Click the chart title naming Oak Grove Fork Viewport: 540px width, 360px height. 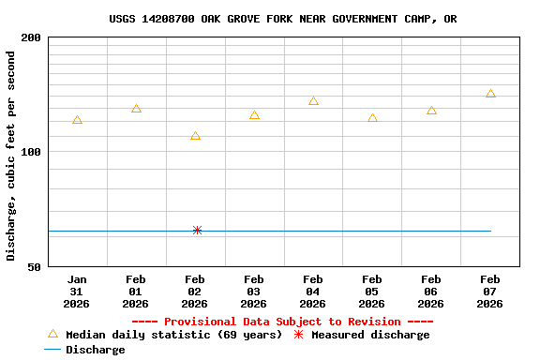click(283, 19)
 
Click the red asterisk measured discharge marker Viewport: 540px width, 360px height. click(197, 230)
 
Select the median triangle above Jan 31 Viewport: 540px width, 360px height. click(77, 120)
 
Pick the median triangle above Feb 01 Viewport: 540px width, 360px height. click(136, 109)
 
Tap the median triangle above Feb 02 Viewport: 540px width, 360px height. click(195, 136)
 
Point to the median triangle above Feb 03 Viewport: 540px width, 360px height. click(254, 115)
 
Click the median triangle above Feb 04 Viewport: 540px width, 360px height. click(313, 101)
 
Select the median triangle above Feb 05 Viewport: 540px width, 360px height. click(372, 118)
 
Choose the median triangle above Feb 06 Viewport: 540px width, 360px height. click(431, 111)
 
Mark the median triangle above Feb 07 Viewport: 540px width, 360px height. click(490, 94)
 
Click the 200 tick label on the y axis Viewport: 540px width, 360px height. click(31, 38)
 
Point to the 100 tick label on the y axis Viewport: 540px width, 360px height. click(31, 152)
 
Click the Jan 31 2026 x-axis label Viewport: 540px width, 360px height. click(77, 292)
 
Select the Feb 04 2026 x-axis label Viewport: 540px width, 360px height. click(313, 292)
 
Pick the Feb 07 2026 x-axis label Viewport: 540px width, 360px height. click(490, 292)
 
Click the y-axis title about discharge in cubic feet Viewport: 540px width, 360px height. click(11, 156)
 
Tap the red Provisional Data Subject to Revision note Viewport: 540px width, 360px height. click(282, 322)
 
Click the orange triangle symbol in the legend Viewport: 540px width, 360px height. click(52, 334)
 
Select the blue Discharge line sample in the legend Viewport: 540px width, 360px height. click(52, 350)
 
